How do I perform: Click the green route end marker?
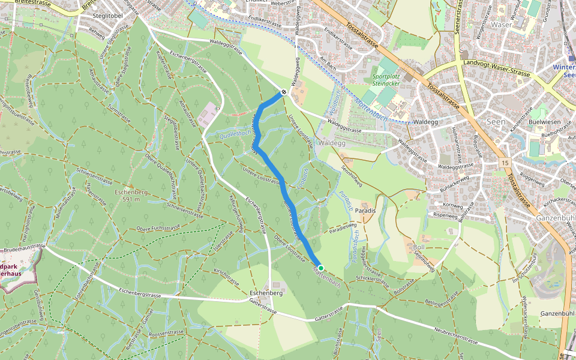click(321, 268)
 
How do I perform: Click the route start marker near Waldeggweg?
click(283, 93)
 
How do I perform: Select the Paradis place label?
click(365, 211)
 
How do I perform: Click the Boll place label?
click(419, 247)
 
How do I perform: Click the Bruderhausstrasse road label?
click(23, 246)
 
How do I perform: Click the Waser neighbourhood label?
click(501, 25)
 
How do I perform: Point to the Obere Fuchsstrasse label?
click(158, 227)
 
